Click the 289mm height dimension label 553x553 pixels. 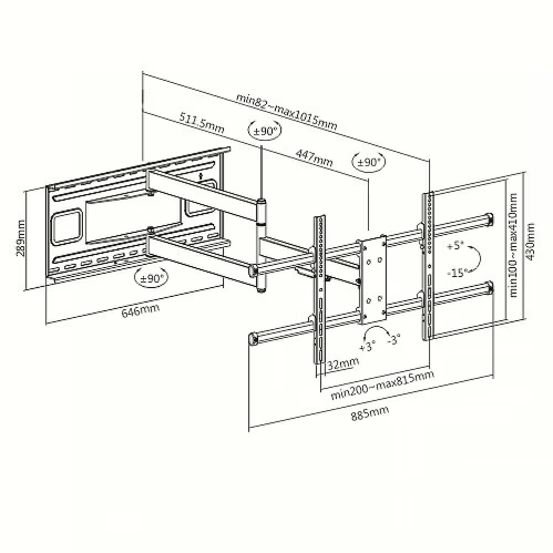(20, 238)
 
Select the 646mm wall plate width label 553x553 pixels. (140, 309)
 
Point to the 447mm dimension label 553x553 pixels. (314, 158)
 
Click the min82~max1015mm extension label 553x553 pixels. (286, 112)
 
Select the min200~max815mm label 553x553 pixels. (382, 385)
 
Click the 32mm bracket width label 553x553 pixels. (343, 363)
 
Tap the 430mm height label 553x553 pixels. (530, 242)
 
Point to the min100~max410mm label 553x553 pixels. (513, 245)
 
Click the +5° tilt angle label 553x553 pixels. (455, 246)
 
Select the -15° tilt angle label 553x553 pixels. (457, 272)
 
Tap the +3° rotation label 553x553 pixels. (368, 345)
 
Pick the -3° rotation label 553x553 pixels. (394, 340)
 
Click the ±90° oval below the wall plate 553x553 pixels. (152, 278)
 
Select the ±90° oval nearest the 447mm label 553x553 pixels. (369, 163)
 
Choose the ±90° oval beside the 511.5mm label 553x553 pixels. (265, 131)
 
